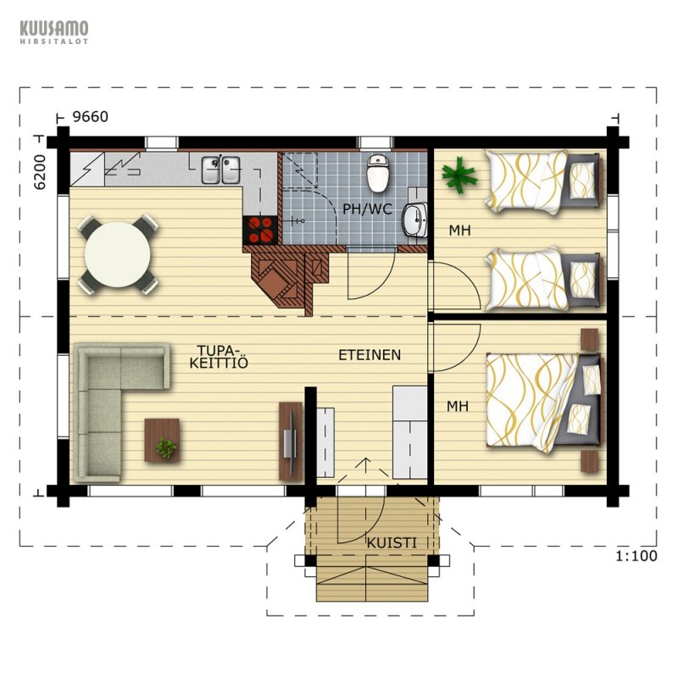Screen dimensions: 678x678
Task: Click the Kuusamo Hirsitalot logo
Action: pos(54,31)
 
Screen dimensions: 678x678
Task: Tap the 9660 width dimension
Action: pos(90,117)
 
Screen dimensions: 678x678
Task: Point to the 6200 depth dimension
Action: pos(40,172)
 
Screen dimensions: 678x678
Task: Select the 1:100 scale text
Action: pos(636,556)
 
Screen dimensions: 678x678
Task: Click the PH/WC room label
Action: pos(368,209)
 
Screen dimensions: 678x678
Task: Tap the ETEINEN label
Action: pos(370,355)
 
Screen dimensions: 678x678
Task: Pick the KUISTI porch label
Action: pos(392,543)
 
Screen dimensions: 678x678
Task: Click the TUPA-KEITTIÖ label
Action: pos(219,357)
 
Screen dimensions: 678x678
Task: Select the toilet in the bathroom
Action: pos(378,173)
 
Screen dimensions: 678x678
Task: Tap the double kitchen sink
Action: pos(221,169)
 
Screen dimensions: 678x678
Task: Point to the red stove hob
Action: pos(260,230)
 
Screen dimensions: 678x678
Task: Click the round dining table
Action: pos(118,255)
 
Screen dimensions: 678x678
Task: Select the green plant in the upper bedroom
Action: pos(459,175)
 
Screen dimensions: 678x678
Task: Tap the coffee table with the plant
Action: pos(162,440)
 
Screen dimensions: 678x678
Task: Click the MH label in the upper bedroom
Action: pos(459,231)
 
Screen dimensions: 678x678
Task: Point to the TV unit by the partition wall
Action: pos(291,441)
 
